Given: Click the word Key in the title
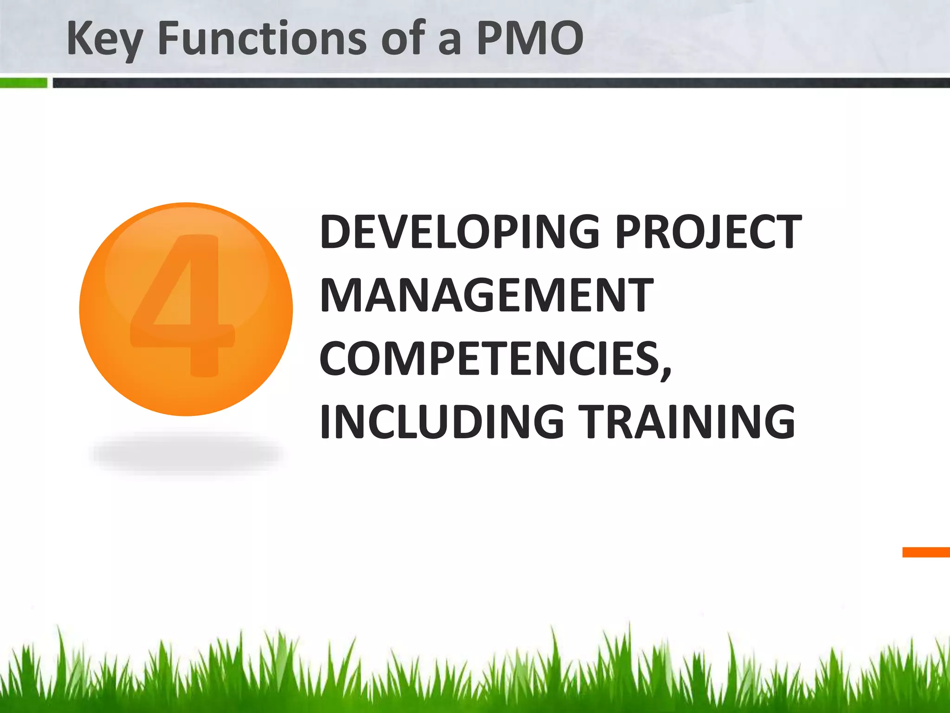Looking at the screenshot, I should point(104,39).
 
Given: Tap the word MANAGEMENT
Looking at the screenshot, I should point(487,295).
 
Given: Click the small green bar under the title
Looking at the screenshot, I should point(23,83).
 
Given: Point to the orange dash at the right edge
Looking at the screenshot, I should point(926,552).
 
